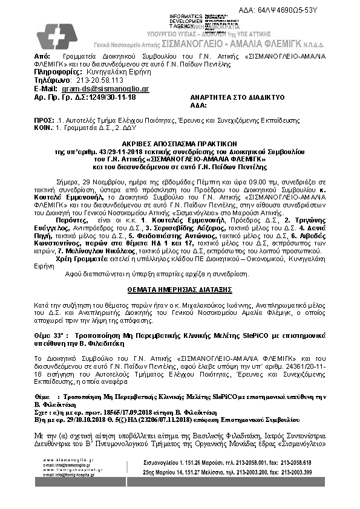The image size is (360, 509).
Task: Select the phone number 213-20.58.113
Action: click(97, 80)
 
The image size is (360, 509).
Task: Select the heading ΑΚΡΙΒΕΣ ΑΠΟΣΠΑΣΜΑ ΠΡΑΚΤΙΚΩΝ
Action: click(180, 138)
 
